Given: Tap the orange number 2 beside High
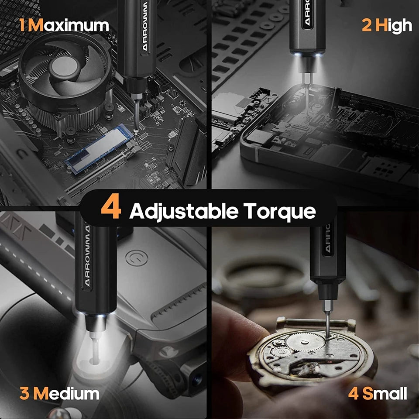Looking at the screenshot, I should click(368, 25).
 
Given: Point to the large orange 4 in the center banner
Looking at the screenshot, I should click(111, 209).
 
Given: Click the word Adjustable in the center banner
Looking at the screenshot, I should click(183, 211).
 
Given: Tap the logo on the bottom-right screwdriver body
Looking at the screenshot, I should click(327, 238).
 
